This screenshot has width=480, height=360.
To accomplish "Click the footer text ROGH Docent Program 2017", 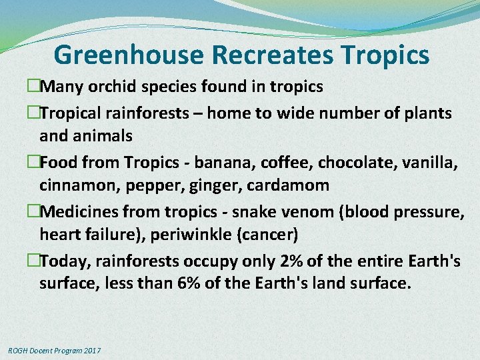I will click(x=54, y=351).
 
